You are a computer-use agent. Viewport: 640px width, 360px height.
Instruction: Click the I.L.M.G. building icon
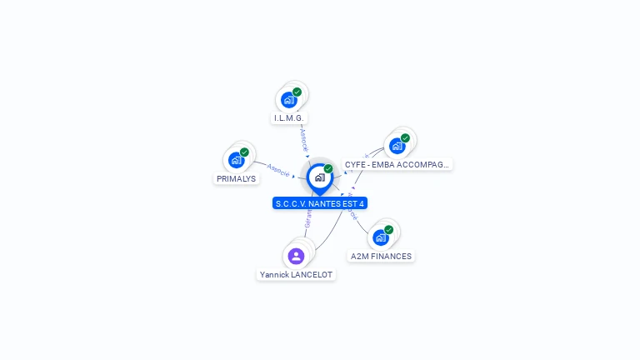[x=288, y=100]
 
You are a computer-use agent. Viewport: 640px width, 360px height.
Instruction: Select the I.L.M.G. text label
[x=288, y=118]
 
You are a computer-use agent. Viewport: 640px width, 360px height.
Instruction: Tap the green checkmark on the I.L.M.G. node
[x=297, y=92]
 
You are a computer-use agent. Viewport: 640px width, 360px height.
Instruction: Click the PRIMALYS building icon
[x=236, y=160]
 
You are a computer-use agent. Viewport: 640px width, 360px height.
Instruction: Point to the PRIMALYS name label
[x=237, y=178]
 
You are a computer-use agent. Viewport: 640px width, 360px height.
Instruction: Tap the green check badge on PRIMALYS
[x=244, y=152]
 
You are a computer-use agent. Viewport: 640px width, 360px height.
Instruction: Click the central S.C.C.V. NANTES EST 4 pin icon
[x=319, y=177]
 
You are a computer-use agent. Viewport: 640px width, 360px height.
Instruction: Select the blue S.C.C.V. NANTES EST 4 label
[x=320, y=203]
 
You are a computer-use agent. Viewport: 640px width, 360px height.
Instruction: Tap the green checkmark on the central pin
[x=328, y=168]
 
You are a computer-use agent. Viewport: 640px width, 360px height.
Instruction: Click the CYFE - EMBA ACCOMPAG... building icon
[x=397, y=146]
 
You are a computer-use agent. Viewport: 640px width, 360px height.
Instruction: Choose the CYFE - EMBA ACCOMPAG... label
[x=397, y=165]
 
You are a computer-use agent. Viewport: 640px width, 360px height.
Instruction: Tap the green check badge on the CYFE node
[x=405, y=138]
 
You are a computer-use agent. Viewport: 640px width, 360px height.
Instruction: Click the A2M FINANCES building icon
[x=380, y=237]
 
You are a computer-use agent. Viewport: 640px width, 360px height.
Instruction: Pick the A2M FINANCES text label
[x=381, y=257]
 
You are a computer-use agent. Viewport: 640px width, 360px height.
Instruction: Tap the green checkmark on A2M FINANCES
[x=388, y=230]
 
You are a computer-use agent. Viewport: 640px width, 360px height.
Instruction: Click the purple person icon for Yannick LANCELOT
[x=296, y=256]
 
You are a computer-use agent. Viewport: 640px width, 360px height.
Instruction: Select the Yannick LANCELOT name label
[x=296, y=275]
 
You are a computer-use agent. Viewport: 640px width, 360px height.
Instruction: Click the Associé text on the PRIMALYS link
[x=278, y=170]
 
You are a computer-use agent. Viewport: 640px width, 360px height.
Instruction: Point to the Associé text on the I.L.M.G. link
[x=304, y=138]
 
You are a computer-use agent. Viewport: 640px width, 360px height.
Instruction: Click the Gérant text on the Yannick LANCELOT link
[x=307, y=218]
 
